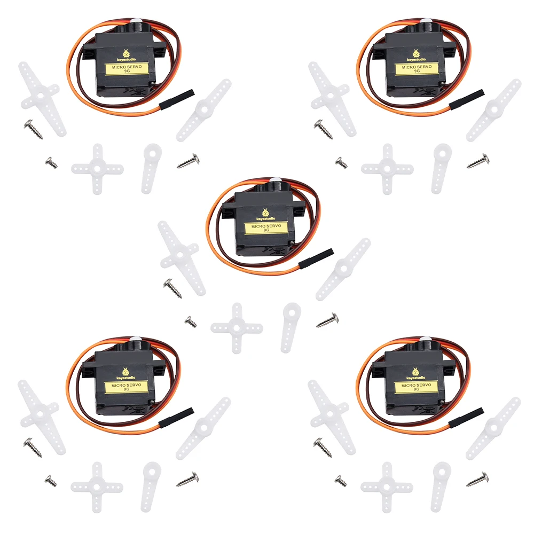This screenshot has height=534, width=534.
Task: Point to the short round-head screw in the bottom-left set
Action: [x=51, y=481]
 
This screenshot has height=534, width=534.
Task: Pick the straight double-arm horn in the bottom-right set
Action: [x=493, y=428]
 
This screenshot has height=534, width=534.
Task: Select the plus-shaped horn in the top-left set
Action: [x=97, y=169]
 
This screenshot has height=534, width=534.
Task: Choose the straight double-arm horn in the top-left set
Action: [x=204, y=110]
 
